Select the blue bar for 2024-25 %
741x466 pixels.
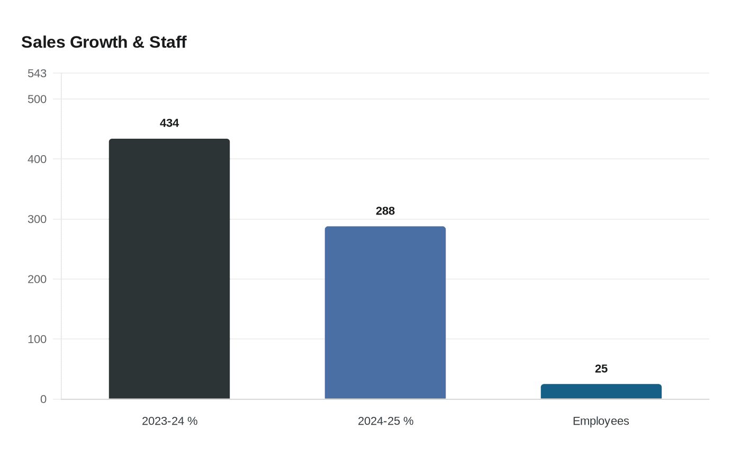coord(385,312)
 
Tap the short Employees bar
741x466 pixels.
coord(601,391)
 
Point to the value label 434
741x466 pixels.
coord(169,123)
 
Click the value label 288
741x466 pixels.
coord(385,211)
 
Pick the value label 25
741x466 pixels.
coord(601,369)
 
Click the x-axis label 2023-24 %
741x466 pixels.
coord(169,421)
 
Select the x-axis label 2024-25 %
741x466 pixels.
coord(385,421)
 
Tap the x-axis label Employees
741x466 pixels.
coord(601,421)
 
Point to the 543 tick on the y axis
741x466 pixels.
coord(37,74)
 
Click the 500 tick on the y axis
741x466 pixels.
coord(37,100)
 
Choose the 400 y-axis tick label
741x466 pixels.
coord(37,159)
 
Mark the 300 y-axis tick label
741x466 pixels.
coord(37,219)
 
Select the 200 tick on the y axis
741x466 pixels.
coord(37,279)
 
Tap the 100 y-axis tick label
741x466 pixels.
coord(37,339)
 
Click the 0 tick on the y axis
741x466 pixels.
coord(43,399)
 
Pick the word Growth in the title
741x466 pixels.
coord(99,42)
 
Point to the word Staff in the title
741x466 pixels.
coord(168,42)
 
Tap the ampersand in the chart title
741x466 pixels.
coord(139,42)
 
